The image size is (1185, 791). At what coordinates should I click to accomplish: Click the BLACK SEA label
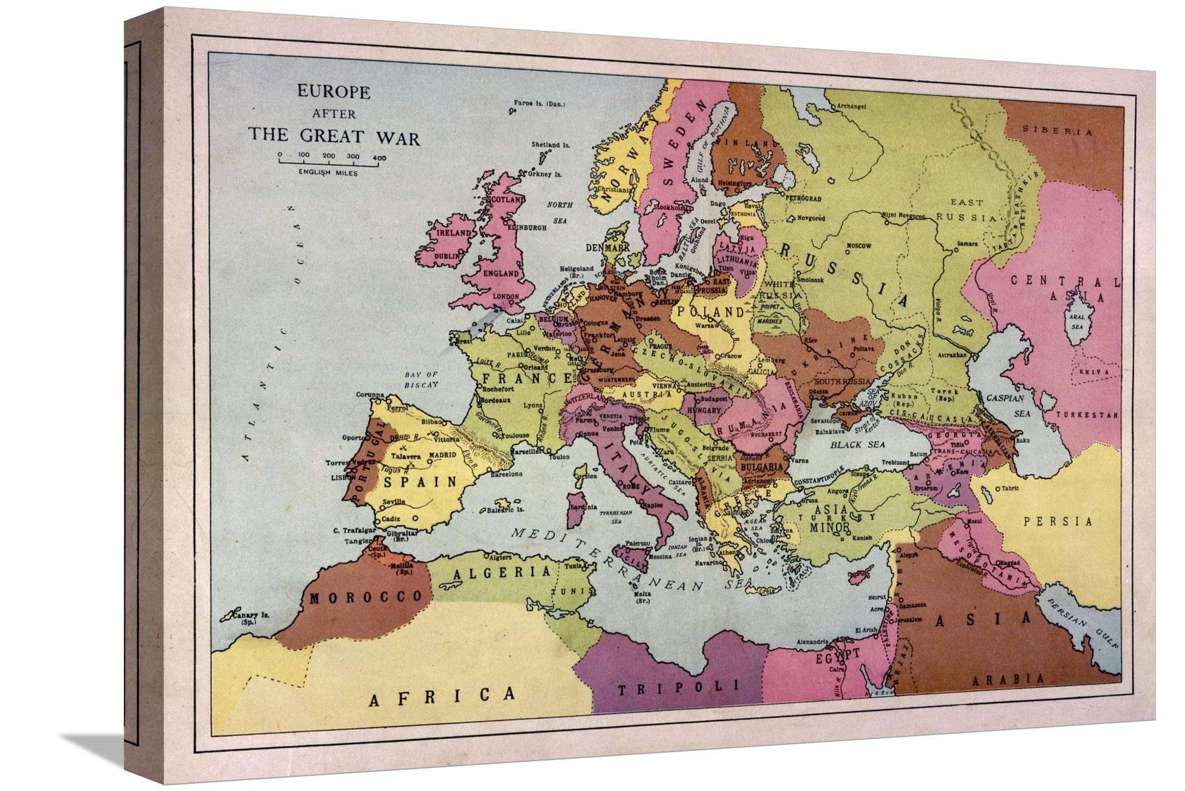click(x=857, y=444)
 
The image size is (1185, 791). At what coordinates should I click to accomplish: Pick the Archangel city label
click(x=851, y=107)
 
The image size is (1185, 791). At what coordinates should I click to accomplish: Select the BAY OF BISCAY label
click(x=421, y=379)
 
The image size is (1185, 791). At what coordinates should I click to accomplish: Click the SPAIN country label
click(x=421, y=482)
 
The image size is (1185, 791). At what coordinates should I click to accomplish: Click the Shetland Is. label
click(x=550, y=145)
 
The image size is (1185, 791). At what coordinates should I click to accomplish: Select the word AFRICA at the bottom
click(x=441, y=696)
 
